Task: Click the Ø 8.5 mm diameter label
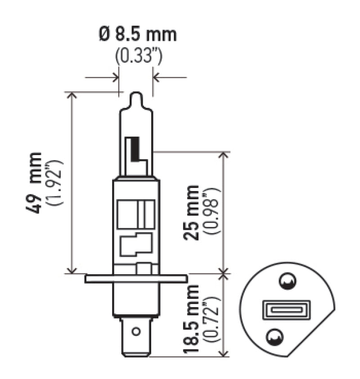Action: [137, 35]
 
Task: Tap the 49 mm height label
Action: [36, 183]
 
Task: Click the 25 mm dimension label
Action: [192, 212]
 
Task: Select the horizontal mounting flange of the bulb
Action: [136, 279]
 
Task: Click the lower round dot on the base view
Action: [275, 336]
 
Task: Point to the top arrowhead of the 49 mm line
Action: [72, 95]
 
